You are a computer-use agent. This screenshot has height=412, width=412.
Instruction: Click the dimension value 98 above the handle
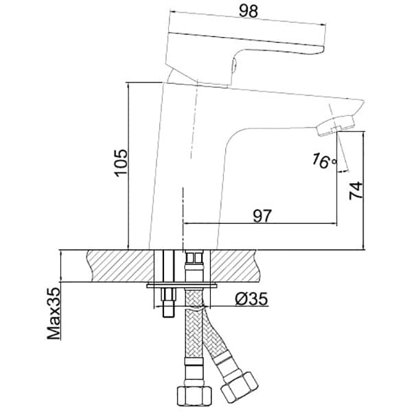coord(249,11)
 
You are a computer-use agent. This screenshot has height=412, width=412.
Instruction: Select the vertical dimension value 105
coord(121,162)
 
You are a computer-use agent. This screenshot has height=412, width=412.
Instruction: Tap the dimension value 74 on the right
coord(356,190)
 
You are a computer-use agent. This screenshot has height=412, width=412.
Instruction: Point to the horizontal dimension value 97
coord(262,216)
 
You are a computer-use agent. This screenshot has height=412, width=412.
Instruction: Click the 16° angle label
coord(324,161)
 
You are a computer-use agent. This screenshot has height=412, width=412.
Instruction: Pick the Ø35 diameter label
coord(251,299)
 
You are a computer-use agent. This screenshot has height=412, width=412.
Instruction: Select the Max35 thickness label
coord(54,314)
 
